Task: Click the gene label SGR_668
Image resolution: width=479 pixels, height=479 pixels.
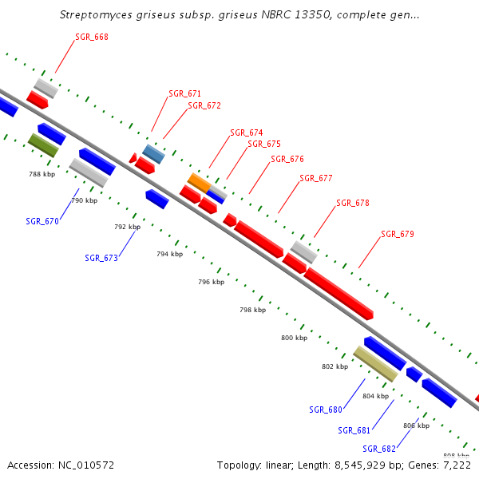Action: point(92,37)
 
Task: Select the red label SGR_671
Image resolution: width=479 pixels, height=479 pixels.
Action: point(184,93)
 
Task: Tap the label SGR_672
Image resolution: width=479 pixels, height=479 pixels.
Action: point(204,105)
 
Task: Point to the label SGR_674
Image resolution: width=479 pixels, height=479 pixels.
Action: point(246,133)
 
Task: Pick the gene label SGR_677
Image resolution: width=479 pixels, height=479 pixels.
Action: point(315,178)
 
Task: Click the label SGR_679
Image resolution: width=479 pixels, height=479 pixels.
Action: point(397,234)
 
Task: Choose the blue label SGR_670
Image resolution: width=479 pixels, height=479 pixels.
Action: point(42,221)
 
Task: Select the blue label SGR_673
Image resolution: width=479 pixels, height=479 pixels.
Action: point(101,258)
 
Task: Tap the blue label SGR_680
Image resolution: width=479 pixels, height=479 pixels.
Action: point(326,410)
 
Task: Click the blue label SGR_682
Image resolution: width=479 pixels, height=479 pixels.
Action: point(379,449)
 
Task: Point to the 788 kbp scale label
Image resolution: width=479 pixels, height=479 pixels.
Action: point(42,173)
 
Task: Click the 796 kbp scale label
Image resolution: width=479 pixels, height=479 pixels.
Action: point(212,282)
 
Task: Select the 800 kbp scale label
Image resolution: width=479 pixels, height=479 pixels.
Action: point(294,338)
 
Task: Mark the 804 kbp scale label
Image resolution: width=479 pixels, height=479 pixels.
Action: point(375,396)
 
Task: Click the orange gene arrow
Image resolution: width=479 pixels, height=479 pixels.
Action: point(200,181)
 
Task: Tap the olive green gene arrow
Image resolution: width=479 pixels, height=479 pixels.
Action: point(43,144)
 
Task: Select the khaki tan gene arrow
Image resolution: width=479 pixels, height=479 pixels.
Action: point(375,364)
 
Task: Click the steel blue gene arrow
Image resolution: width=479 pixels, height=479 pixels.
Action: point(153,153)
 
